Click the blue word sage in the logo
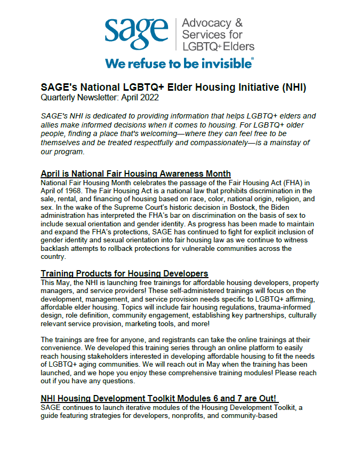[137, 33]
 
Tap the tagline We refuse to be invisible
[179, 63]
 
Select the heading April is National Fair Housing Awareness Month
[135, 173]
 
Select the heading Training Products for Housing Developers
[124, 274]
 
